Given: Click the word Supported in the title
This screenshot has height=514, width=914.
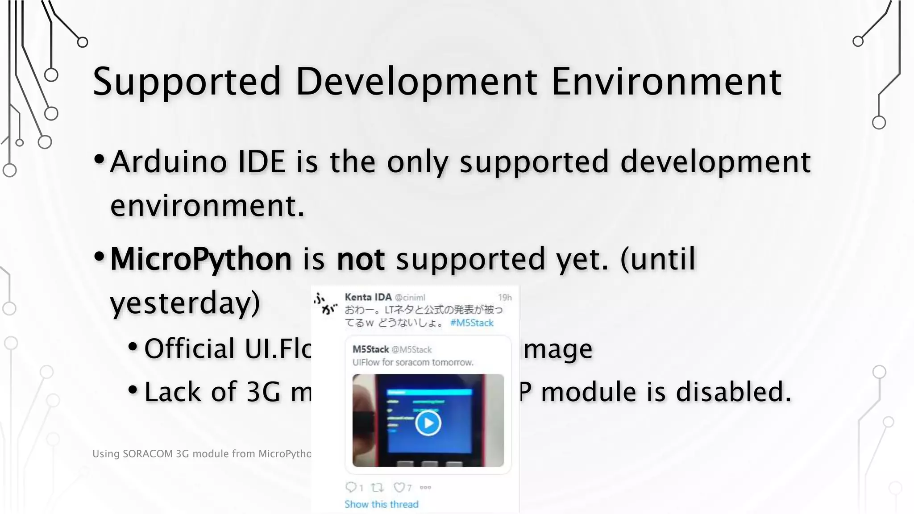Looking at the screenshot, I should [x=187, y=82].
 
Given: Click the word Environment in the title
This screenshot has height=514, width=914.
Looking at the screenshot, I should [x=666, y=82].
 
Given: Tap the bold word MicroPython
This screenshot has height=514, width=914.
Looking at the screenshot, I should [x=201, y=259].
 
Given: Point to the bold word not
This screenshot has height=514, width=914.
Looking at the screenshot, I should [x=361, y=259].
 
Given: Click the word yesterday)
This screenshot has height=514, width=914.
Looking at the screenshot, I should [x=185, y=303].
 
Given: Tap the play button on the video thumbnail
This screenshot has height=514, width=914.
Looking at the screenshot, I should [x=428, y=423].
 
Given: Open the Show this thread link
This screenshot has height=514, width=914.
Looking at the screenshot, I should [x=382, y=504].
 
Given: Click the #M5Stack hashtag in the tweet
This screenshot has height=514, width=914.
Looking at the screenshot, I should [x=472, y=323].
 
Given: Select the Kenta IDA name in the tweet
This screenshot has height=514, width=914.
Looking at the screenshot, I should [x=368, y=297].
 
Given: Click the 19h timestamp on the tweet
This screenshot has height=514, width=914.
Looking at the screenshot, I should [x=505, y=298].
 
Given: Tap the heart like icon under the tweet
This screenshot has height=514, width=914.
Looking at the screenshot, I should [x=399, y=488].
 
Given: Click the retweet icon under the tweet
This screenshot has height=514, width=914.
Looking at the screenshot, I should [x=377, y=488].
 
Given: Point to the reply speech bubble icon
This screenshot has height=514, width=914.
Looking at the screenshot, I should [x=351, y=487].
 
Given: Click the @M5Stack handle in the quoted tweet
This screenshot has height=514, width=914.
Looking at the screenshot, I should [x=411, y=350].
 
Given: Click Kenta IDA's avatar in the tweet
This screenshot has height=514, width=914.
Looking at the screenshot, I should [x=326, y=303].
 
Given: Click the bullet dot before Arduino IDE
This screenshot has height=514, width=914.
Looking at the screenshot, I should [x=100, y=159].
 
